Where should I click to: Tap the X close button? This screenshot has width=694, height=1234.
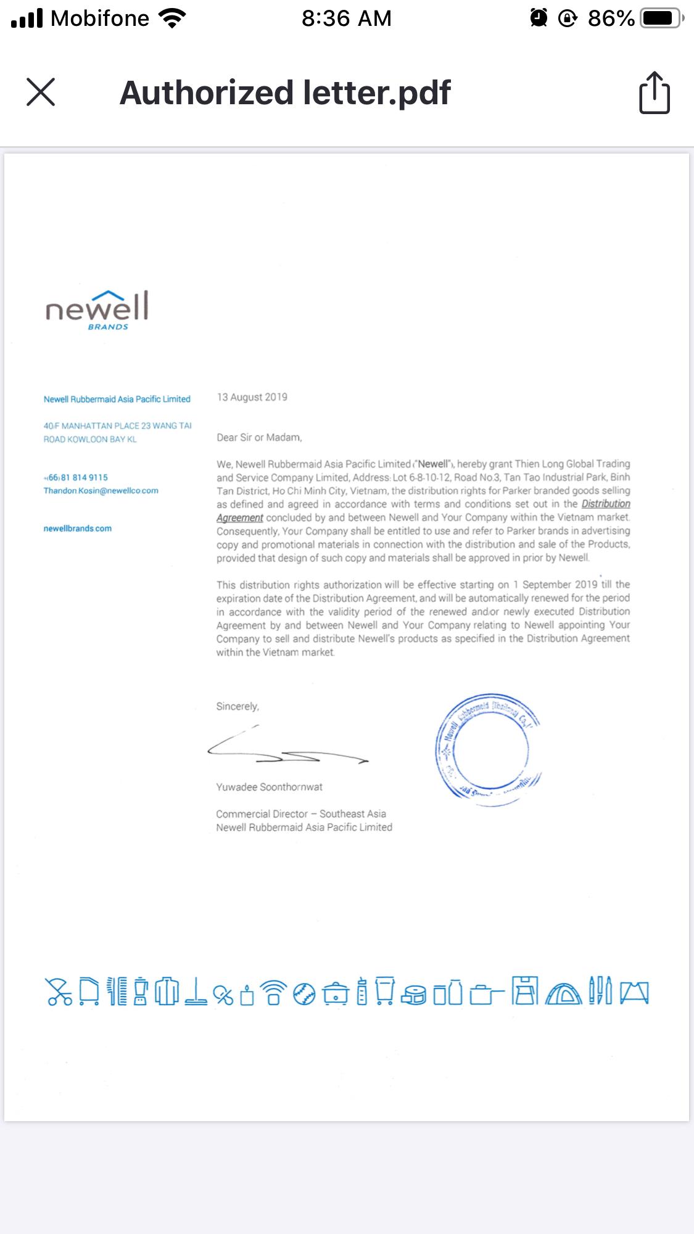(x=41, y=92)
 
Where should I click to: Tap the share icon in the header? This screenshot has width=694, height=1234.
(x=654, y=93)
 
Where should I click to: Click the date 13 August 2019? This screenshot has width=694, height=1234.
(x=252, y=397)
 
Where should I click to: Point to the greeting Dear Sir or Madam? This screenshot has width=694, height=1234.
(x=259, y=438)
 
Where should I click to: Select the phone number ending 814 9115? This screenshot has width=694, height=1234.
(x=76, y=477)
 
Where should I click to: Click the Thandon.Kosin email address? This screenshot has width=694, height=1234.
(x=101, y=491)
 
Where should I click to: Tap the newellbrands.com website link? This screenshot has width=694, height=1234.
(x=78, y=529)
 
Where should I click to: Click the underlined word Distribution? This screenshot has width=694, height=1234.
(x=605, y=504)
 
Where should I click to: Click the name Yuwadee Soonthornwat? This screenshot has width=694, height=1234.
(x=269, y=787)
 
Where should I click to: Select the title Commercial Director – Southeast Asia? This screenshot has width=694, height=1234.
(x=301, y=814)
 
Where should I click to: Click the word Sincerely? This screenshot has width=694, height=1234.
(x=238, y=707)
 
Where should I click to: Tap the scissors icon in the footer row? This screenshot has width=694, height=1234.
(x=59, y=992)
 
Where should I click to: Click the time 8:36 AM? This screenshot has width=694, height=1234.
(x=347, y=19)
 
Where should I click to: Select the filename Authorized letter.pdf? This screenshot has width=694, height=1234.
(x=285, y=93)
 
